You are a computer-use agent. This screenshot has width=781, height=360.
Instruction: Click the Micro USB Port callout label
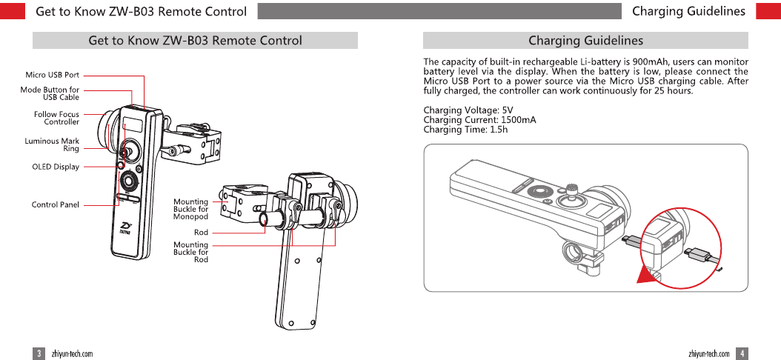(x=52, y=75)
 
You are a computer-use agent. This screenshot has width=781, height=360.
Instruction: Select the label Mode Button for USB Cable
(x=50, y=93)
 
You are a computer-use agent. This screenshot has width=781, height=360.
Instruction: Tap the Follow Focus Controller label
(x=56, y=118)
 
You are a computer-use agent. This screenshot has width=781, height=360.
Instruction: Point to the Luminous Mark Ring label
(x=52, y=144)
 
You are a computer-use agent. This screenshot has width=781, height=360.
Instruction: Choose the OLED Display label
(x=56, y=167)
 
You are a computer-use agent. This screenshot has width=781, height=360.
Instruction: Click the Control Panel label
(x=55, y=204)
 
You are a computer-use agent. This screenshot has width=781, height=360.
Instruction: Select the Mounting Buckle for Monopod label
(x=190, y=208)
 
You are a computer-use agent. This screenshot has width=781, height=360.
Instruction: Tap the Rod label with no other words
(x=201, y=233)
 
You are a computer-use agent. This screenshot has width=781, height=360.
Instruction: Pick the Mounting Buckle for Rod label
(x=190, y=252)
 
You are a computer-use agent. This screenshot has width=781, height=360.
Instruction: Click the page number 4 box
(x=742, y=353)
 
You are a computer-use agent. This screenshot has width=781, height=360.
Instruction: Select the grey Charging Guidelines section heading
(x=585, y=41)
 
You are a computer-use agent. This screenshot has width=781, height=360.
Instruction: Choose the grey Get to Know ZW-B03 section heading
(x=195, y=41)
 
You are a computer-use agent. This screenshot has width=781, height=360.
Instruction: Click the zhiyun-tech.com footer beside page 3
(x=72, y=353)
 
